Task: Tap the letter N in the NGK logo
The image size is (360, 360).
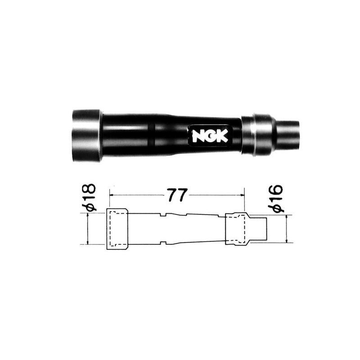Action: [198, 136]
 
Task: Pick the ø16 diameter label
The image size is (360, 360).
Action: [276, 198]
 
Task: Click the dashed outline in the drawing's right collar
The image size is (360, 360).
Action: [235, 229]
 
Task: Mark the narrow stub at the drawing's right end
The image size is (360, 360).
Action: [261, 229]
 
